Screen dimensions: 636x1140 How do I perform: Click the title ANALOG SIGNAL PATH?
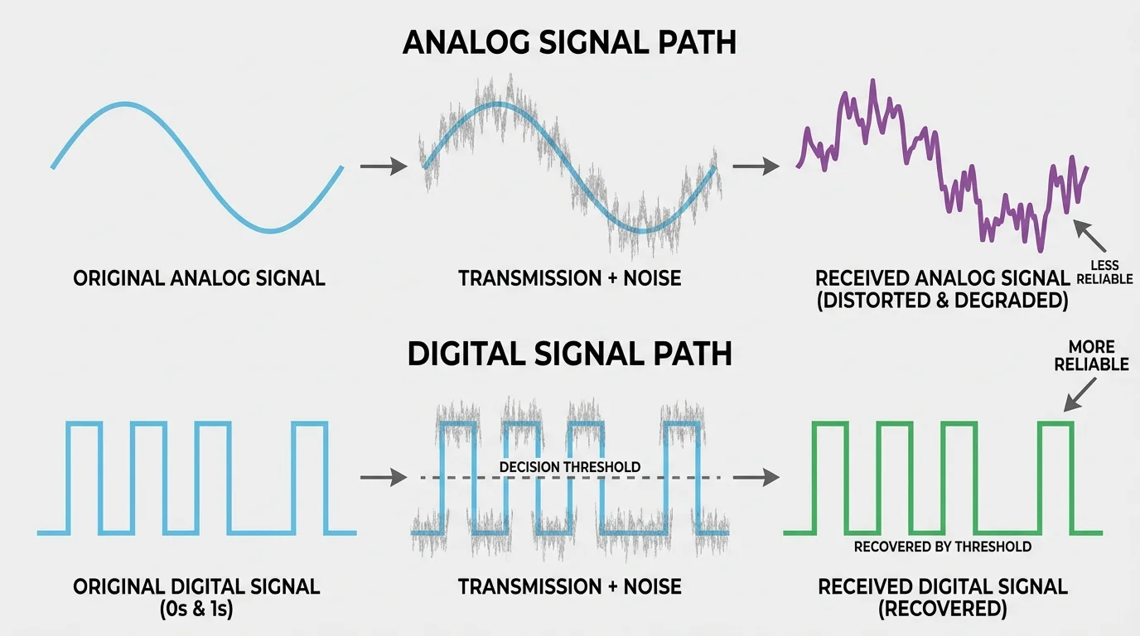569,42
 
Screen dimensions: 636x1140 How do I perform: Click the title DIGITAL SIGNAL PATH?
569,354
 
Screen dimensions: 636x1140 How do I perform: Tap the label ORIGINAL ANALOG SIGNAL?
199,278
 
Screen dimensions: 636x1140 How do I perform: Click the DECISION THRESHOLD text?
569,467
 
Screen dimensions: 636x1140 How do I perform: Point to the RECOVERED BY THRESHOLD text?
942,547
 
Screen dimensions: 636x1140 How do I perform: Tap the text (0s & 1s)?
196,609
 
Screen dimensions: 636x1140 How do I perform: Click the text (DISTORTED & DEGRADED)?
942,301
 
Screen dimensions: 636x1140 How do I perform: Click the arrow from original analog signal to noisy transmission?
384,166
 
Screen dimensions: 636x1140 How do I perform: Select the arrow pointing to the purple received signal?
756,166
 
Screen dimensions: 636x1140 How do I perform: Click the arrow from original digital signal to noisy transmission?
384,478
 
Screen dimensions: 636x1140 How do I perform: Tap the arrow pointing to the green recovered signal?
756,478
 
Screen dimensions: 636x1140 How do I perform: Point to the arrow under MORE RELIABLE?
1076,395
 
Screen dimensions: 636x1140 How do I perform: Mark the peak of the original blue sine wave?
124,104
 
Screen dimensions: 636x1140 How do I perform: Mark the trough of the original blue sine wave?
271,229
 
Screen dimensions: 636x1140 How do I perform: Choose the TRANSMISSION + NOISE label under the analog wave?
569,278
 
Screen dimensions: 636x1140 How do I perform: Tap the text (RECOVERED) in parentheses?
942,609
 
